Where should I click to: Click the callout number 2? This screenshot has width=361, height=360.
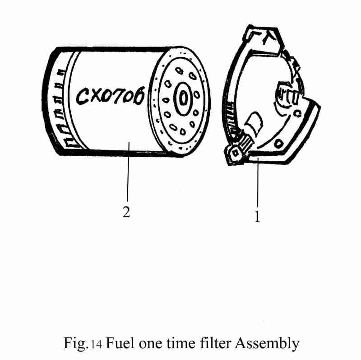126,212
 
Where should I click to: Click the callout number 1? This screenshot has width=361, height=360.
257,216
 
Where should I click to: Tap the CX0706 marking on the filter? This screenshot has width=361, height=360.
111,96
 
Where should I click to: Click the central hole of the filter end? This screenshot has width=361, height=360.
183,98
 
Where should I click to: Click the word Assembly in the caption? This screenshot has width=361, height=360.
267,344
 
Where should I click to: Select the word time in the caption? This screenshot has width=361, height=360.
184,344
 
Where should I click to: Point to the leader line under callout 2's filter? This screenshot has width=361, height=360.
128,176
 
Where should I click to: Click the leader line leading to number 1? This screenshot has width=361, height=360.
258,185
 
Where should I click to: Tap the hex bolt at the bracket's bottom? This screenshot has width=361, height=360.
234,153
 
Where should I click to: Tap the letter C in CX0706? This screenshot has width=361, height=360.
83,97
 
